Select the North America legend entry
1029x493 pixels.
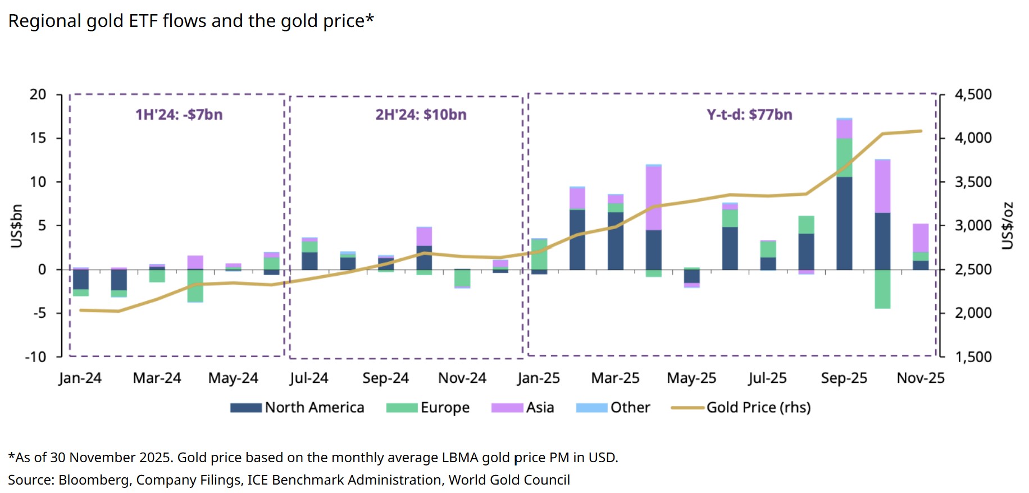[298, 408]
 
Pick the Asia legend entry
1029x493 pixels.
[523, 408]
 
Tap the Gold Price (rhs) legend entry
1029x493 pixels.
[741, 408]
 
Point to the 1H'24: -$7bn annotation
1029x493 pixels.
[179, 115]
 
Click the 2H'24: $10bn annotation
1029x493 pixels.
[421, 115]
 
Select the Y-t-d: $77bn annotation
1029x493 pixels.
[749, 115]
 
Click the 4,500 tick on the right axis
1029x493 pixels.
[973, 94]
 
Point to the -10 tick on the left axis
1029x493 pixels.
[35, 357]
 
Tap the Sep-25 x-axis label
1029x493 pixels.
[844, 378]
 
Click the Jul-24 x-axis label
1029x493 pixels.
[309, 378]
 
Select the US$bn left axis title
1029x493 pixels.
[17, 226]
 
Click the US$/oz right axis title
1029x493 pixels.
[1008, 226]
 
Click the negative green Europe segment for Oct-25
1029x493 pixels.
[882, 289]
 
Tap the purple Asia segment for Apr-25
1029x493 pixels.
[653, 198]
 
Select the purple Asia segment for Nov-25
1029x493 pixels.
[921, 238]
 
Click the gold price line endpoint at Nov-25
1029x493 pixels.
[921, 131]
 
